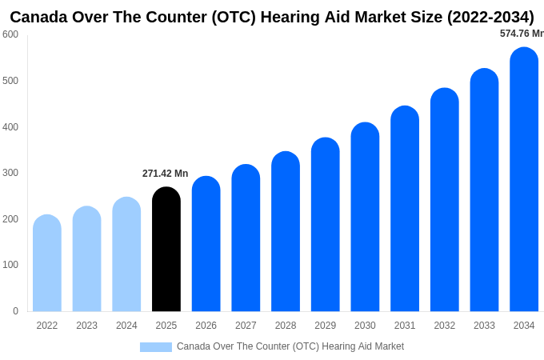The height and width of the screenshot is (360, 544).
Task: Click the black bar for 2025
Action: (166, 250)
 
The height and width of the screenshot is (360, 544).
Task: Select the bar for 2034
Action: (524, 180)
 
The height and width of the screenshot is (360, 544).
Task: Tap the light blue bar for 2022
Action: (47, 264)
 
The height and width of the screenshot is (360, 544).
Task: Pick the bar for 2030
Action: (365, 218)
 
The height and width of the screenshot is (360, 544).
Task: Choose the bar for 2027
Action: (246, 238)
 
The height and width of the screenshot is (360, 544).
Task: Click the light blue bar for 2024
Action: (126, 254)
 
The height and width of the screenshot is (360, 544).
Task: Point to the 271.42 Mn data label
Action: (165, 174)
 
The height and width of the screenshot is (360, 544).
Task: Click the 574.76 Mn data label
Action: (521, 34)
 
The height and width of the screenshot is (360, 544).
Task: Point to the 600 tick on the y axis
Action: (10, 34)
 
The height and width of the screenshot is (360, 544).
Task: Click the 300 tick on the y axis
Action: (10, 173)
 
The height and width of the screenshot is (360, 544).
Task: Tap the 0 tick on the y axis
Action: (15, 311)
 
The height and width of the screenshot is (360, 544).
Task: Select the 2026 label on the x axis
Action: (206, 326)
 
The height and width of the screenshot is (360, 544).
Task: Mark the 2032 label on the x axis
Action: (444, 326)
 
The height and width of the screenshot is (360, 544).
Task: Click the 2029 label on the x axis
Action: (325, 326)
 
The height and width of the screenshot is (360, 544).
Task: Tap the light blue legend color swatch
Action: (155, 347)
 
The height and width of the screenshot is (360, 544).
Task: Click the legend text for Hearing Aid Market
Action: (290, 346)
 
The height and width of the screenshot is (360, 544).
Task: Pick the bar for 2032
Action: (444, 200)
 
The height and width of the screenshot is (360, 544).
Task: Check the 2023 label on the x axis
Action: (86, 326)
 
